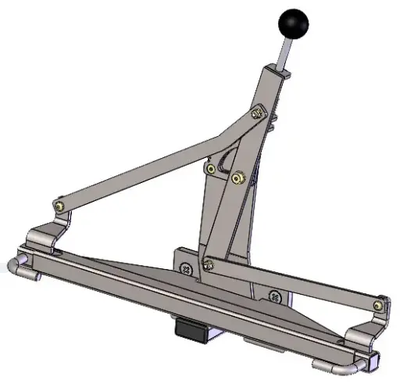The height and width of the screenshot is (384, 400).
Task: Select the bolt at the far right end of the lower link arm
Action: click(379, 304)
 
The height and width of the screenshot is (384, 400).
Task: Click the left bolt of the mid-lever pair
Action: click(210, 168)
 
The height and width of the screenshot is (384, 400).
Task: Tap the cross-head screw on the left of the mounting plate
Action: click(186, 268)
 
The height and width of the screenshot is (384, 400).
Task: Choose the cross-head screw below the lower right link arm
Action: click(273, 296)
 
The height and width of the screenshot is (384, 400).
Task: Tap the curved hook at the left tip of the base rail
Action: click(19, 268)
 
